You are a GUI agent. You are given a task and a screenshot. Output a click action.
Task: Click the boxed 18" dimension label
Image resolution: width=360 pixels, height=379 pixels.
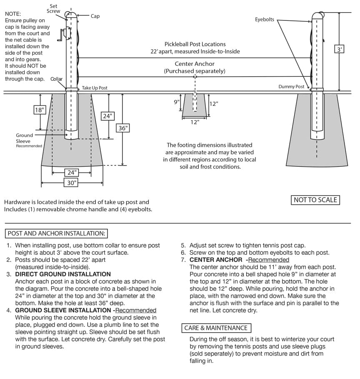coord(40,110)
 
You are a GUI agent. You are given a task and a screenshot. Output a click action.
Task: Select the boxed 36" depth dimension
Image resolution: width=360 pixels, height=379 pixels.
coord(122,128)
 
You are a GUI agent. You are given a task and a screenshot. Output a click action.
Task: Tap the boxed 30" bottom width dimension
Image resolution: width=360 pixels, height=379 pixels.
coord(72,182)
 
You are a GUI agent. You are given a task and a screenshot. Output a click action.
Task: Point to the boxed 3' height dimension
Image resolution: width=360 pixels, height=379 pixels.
coord(340,49)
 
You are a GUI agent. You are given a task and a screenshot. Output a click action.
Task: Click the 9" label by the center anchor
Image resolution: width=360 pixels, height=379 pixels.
coord(177,101)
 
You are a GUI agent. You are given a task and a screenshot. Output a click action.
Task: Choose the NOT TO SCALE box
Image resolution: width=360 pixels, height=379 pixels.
coord(315,200)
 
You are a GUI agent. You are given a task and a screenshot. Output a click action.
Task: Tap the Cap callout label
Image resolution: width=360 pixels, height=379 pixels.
coord(95,16)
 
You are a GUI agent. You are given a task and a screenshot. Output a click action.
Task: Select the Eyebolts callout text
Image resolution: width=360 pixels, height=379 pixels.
coord(265,20)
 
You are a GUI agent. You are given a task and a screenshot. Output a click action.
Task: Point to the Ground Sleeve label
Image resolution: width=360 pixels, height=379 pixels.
coord(24,138)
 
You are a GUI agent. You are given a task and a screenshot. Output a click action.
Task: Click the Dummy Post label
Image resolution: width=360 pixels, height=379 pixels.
coord(291,87)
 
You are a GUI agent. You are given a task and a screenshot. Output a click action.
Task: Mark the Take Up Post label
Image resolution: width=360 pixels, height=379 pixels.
coord(95,88)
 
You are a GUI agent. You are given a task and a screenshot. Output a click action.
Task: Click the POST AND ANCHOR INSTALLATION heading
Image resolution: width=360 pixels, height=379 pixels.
coord(57,233)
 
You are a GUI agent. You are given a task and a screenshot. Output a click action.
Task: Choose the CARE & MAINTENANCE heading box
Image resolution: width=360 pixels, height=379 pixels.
coord(216,328)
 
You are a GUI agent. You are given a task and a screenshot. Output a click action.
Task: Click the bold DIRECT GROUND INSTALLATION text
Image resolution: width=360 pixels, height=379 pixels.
coord(63,274)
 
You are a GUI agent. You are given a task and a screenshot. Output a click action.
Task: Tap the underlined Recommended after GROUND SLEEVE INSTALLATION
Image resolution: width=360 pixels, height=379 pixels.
coord(136,310)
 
